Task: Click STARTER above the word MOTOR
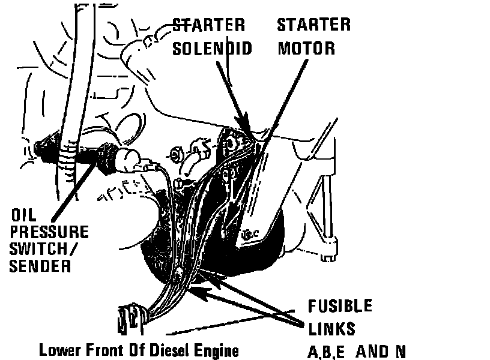pos(313,25)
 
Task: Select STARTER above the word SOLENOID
pos(209,25)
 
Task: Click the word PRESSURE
pos(49,232)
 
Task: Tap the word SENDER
pos(40,265)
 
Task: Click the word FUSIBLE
pos(340,305)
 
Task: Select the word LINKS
pos(330,328)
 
